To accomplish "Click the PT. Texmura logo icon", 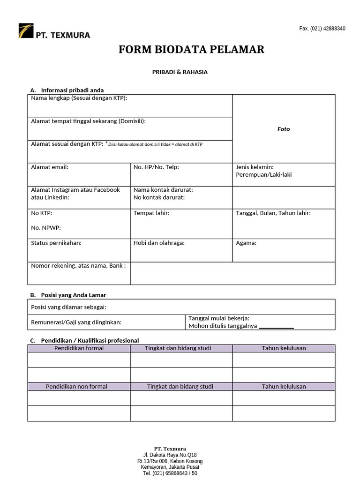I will point(25,31).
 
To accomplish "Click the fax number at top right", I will point(322,29).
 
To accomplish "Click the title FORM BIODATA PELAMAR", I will point(191,49).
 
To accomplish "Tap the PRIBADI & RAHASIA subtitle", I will point(180,72).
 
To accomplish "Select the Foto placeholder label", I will point(284,129).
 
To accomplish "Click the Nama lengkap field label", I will point(79,98).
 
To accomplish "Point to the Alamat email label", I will point(50,167).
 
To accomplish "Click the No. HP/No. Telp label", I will point(156,167).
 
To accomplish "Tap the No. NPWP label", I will point(46,228).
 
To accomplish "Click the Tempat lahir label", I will point(151,213).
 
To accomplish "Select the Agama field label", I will point(246,243).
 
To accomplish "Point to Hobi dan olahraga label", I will point(159,243).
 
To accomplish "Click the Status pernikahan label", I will point(56,243).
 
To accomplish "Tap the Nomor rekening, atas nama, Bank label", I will point(78,266).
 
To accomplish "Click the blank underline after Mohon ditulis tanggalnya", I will point(276,327).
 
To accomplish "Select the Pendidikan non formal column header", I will point(76,386).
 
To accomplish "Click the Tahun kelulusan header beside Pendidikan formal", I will point(284,348).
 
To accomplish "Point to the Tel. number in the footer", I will point(170,473).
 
